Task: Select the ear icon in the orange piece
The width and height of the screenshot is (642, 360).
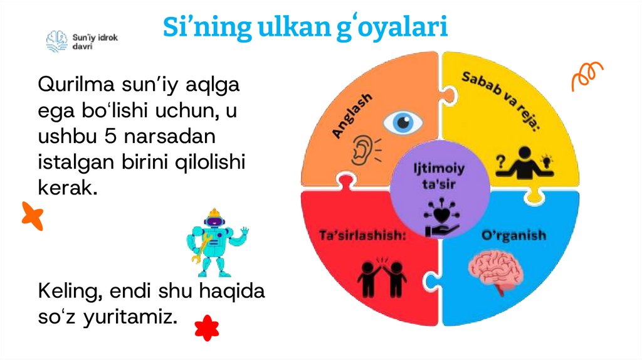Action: [364, 151]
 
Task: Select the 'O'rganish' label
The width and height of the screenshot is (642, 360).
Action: [513, 236]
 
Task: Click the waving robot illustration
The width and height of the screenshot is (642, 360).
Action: [216, 241]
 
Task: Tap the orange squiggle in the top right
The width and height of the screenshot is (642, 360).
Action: [586, 76]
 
